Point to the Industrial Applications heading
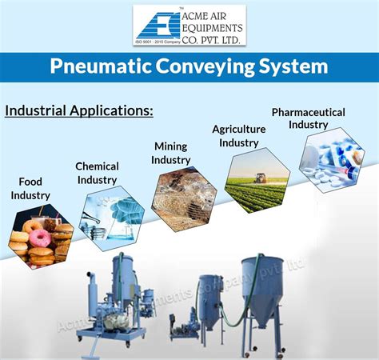(79, 110)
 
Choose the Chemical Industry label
(97, 172)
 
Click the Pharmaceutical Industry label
(308, 118)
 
